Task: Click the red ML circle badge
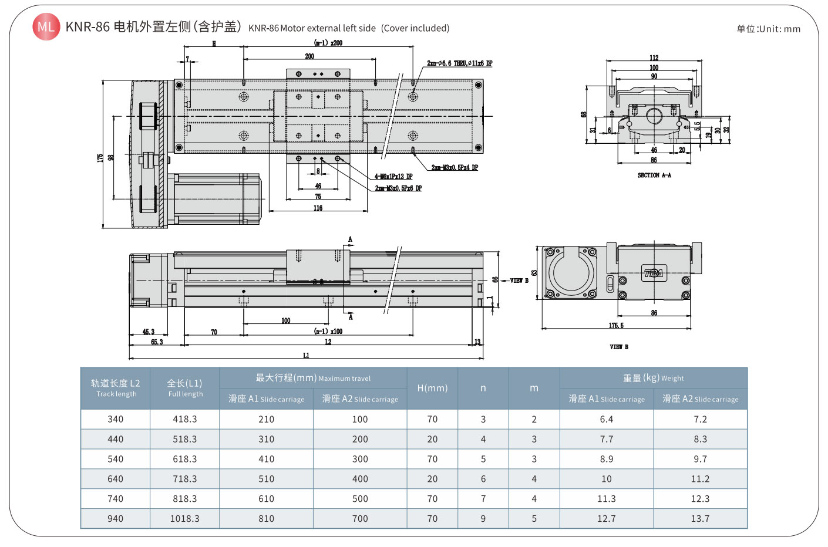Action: pos(46,26)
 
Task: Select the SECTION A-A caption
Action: pos(654,175)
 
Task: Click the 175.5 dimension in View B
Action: pos(616,325)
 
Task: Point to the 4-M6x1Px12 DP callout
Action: pos(393,177)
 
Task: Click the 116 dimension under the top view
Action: pos(318,208)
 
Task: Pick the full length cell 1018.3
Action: pos(184,519)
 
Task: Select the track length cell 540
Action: pos(115,459)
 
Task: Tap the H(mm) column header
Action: pos(432,388)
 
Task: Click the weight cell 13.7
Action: pos(700,519)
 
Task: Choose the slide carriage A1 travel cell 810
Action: pos(266,519)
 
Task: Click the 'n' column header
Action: pos(483,388)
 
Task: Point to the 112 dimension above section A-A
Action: pos(654,58)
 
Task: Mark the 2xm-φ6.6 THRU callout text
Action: pos(459,63)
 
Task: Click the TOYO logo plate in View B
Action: pos(653,273)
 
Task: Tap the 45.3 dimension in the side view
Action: pos(148,332)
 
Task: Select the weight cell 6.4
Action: pos(606,419)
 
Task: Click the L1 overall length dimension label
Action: pos(306,355)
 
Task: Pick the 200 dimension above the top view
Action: pos(309,56)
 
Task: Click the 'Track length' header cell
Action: pos(115,388)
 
